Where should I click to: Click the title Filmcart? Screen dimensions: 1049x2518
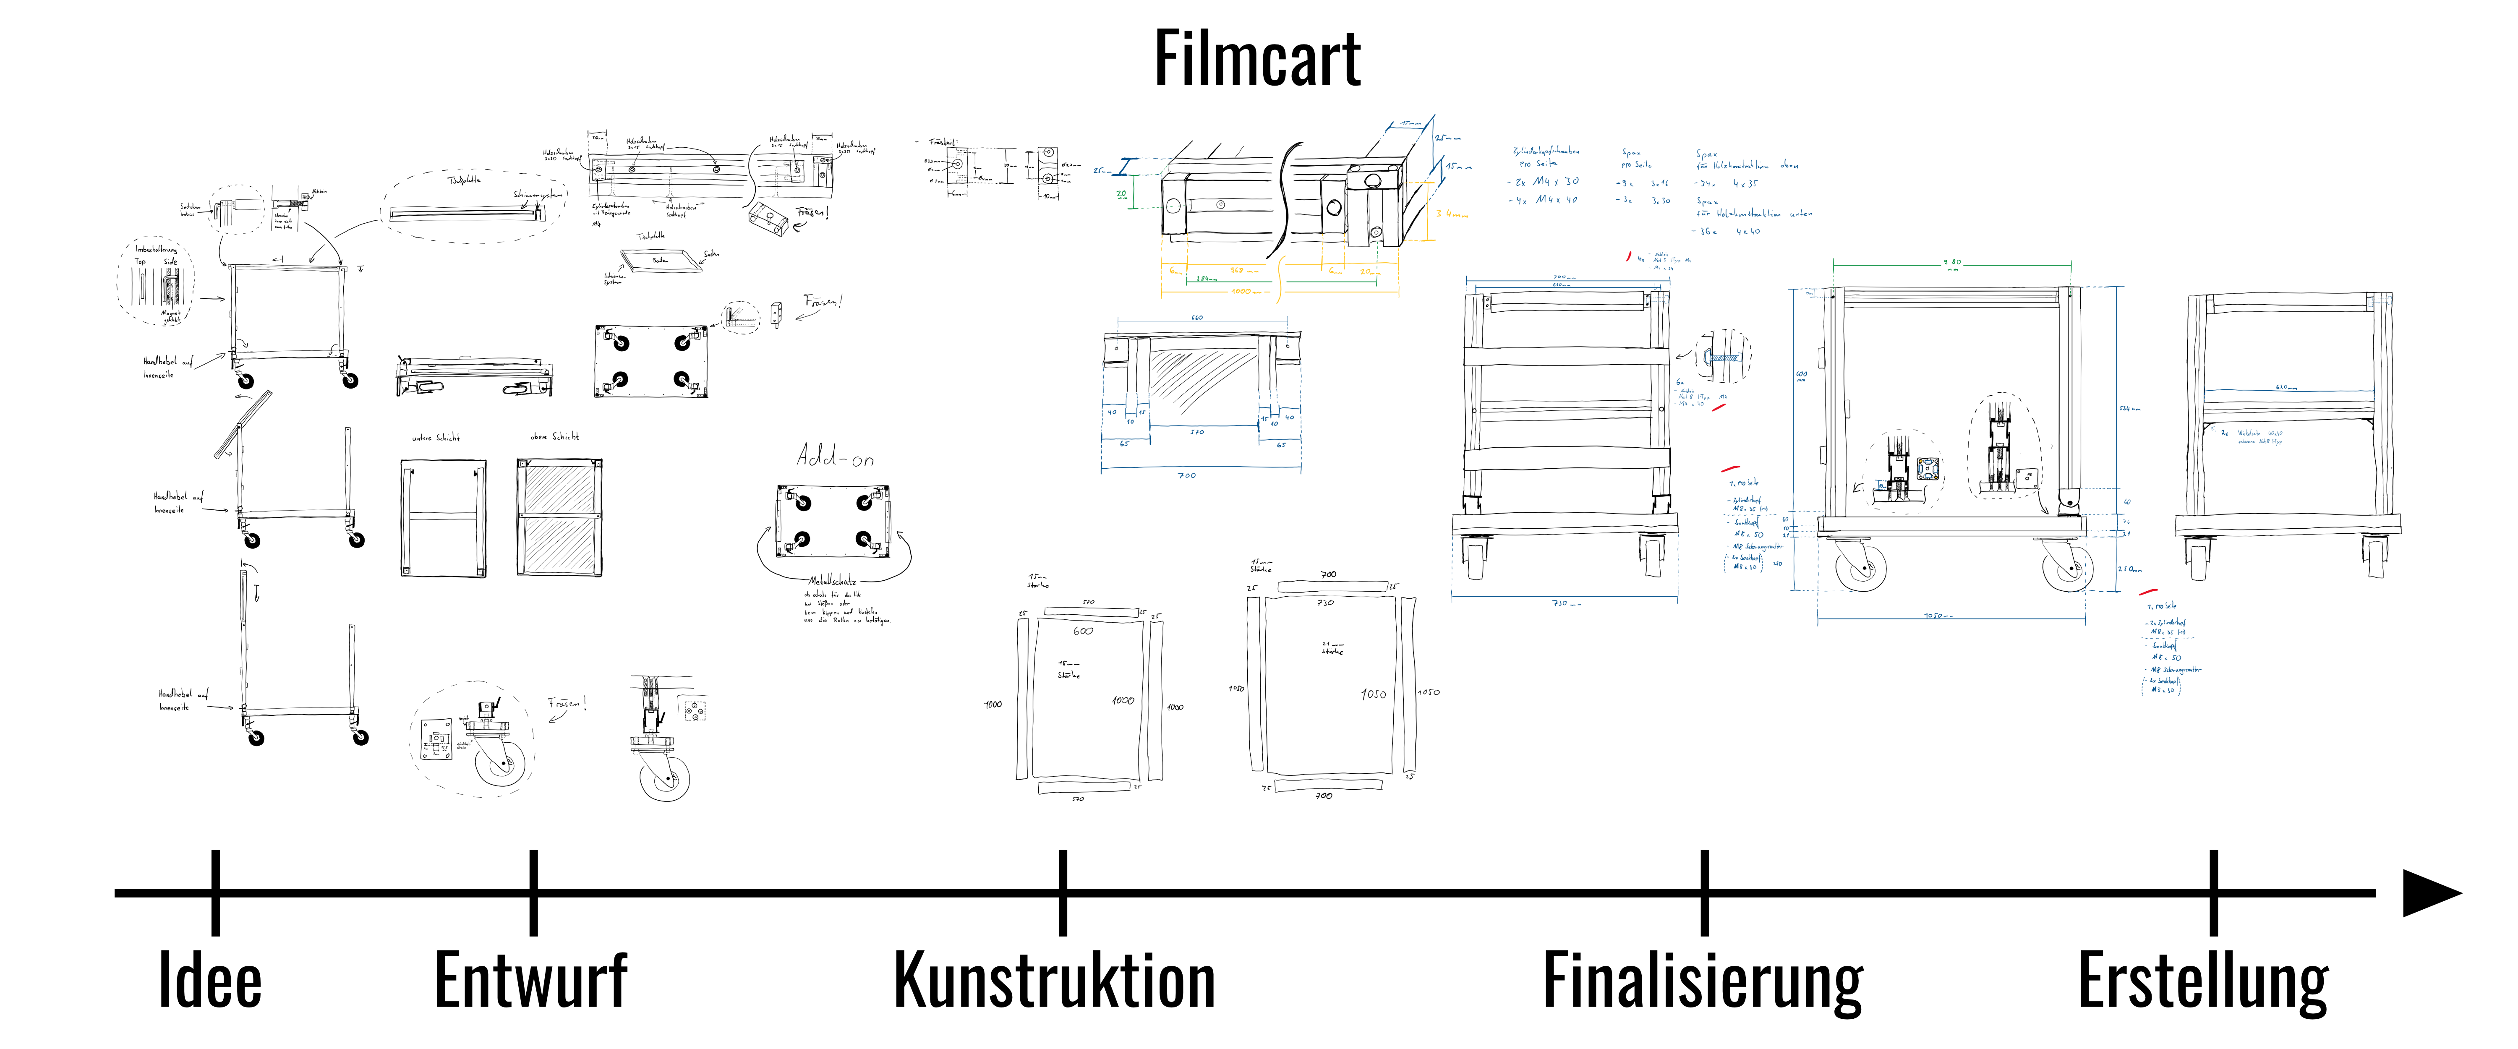point(1257,59)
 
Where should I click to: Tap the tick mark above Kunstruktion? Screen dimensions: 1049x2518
point(1063,892)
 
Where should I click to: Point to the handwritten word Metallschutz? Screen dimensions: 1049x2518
point(832,581)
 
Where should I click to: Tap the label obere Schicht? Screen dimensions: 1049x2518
point(554,437)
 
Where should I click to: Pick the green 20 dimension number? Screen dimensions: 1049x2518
point(1121,193)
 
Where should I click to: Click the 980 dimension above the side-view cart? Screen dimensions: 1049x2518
point(1952,262)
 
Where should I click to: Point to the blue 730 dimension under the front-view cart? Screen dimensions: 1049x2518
point(1560,603)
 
